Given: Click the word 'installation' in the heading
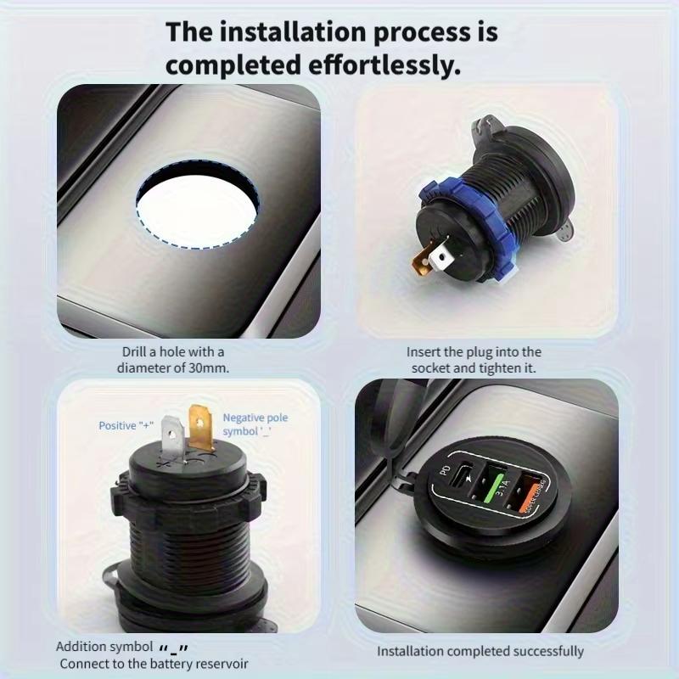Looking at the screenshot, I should tap(273, 33).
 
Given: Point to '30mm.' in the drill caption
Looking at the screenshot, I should tap(211, 368).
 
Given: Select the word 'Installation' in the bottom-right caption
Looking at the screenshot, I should tap(412, 651).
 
